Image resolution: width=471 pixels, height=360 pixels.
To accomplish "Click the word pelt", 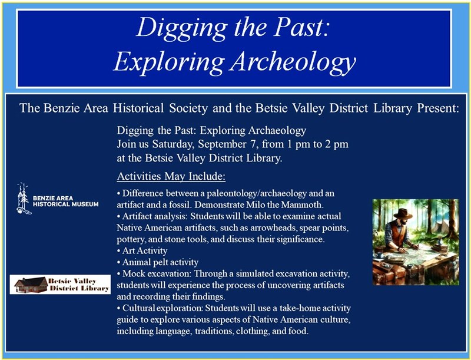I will pyautogui.click(x=161, y=262).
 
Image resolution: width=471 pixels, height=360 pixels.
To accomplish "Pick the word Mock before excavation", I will pyautogui.click(x=134, y=273).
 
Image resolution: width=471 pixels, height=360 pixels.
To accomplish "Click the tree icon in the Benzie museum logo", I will pyautogui.click(x=23, y=197).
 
